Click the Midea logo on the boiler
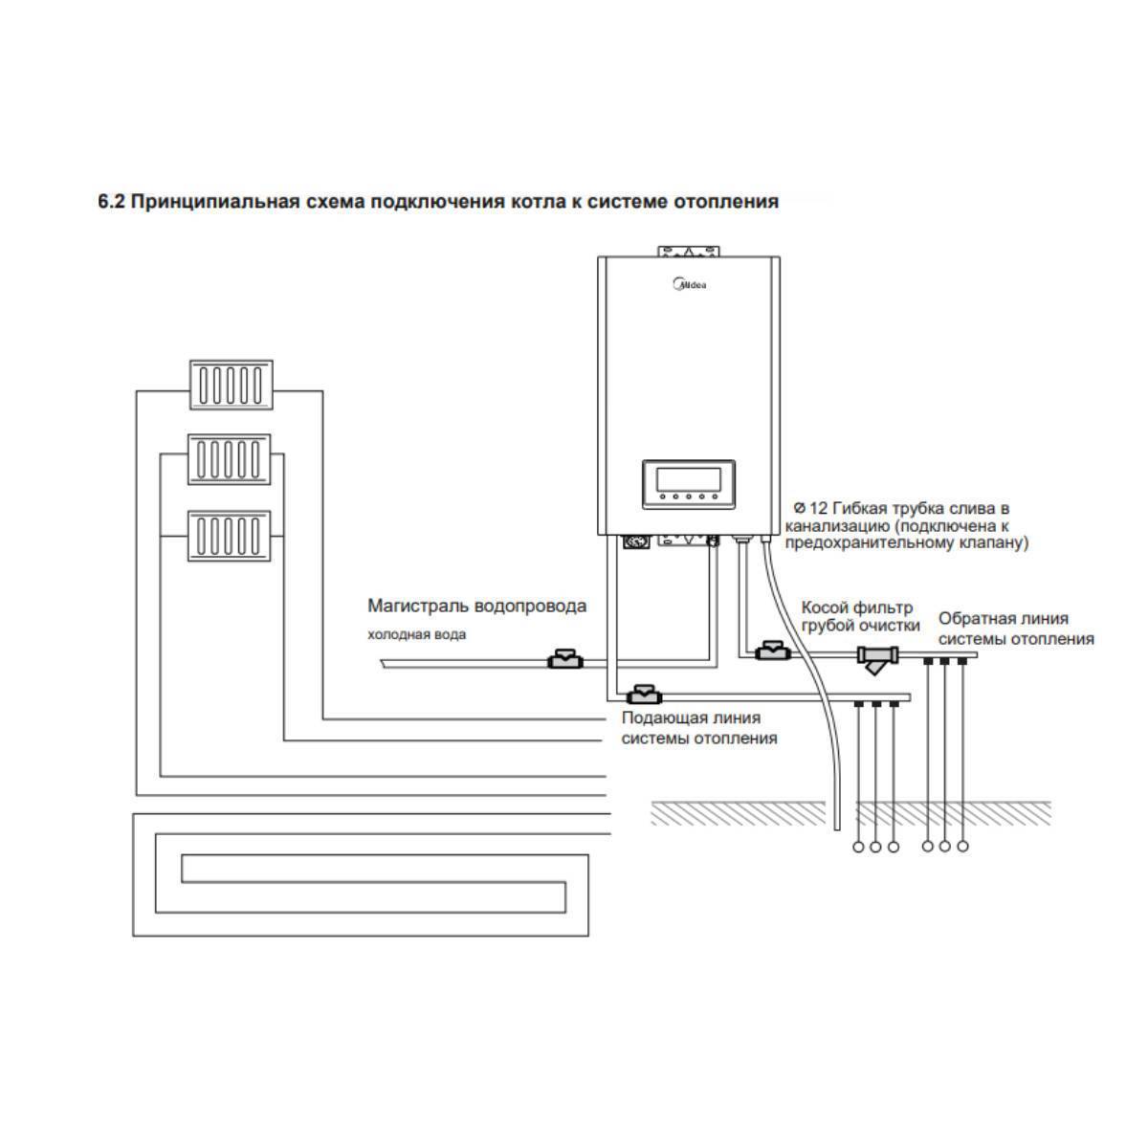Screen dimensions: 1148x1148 pos(689,284)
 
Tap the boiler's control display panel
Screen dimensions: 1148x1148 pos(688,484)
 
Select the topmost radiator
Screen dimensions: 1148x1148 pos(232,385)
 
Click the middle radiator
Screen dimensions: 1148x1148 pos(230,459)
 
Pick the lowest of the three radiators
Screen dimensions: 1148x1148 pos(230,536)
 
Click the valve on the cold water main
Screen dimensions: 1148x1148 pos(565,659)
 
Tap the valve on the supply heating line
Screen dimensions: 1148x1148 pos(644,694)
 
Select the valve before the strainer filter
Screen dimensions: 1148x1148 pos(773,651)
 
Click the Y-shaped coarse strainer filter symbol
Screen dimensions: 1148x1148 pos(878,659)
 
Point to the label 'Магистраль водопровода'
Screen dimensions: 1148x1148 pos(476,606)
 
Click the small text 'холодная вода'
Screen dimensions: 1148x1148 pos(416,634)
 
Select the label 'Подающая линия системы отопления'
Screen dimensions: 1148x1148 pos(699,728)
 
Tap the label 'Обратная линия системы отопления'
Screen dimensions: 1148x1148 pos(1016,629)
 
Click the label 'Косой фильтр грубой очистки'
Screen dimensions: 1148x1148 pos(860,617)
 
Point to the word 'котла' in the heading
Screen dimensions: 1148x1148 pos(536,202)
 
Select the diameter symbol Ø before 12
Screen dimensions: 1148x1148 pos(800,508)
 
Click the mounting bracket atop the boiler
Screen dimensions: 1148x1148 pos(689,251)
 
